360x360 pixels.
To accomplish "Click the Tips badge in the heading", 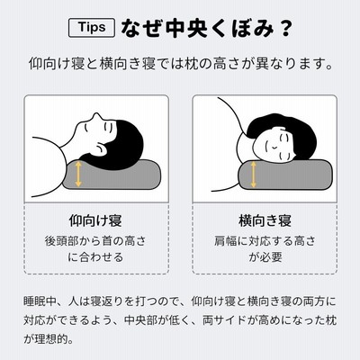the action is [92, 28].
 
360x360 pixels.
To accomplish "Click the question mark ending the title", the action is [283, 29].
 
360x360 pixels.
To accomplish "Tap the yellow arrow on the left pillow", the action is [78, 174].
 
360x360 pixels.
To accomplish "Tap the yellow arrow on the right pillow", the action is [254, 175].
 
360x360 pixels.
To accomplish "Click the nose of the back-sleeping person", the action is [95, 116].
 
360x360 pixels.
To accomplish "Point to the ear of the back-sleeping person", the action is [101, 148].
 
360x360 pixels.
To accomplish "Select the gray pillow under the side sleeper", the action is [285, 175].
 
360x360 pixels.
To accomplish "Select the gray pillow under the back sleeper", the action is [112, 175].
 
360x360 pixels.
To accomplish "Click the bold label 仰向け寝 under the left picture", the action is [95, 220].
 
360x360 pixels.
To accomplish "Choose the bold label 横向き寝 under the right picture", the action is [265, 220].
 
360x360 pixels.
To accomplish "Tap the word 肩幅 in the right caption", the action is [225, 241].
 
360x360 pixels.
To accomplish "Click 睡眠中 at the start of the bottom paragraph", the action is [40, 301].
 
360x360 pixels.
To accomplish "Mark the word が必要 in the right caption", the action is [265, 257].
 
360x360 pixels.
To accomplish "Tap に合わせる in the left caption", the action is [95, 257].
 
